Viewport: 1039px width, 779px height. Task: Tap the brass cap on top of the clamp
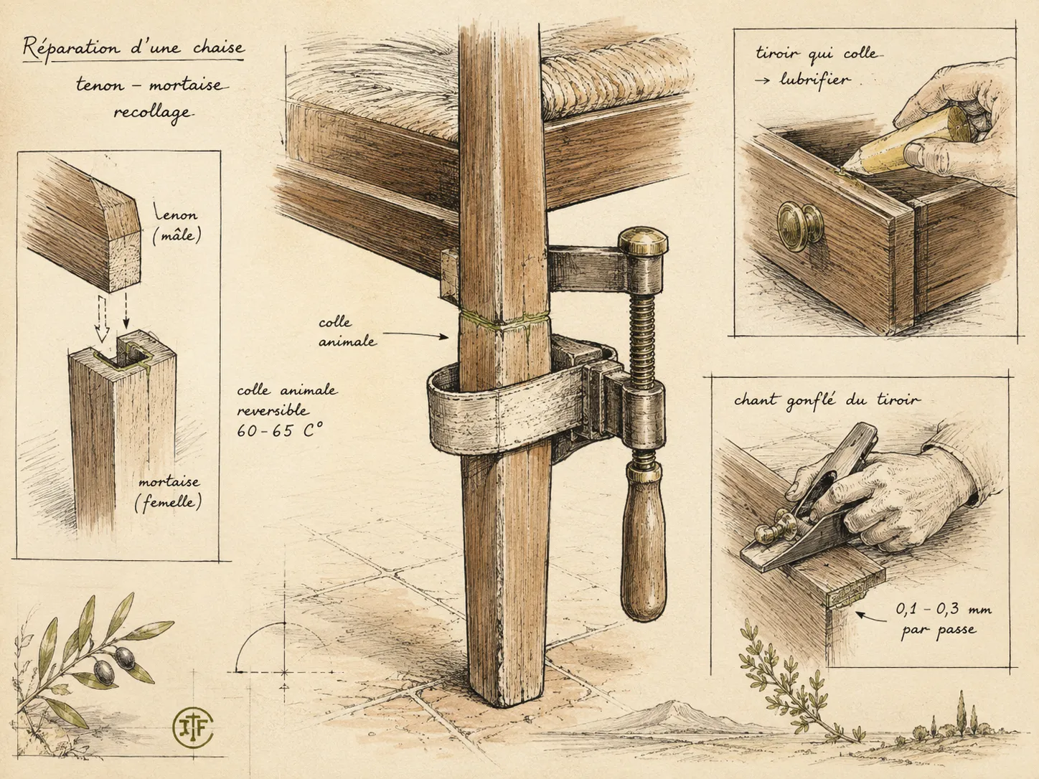[644, 242]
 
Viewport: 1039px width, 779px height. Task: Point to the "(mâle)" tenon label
[177, 235]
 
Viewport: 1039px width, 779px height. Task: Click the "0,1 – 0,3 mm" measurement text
[943, 609]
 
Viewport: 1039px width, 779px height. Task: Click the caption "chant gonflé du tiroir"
[827, 401]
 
